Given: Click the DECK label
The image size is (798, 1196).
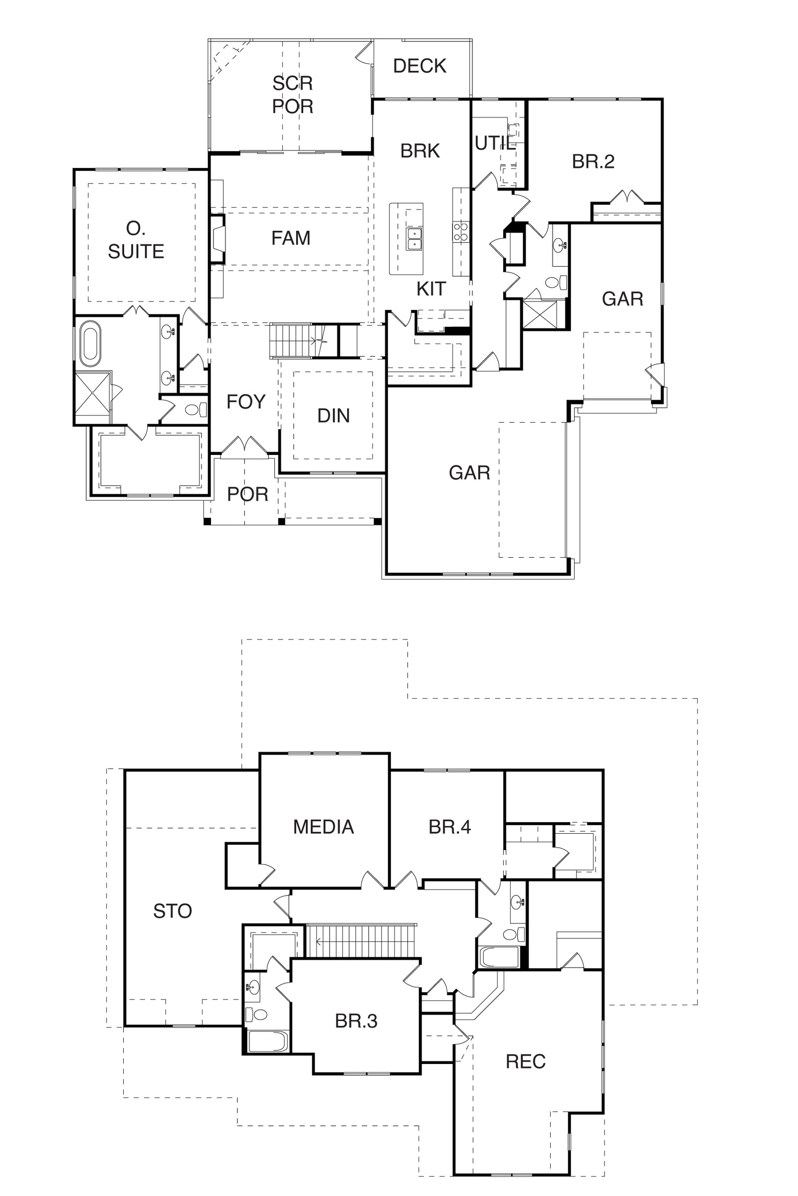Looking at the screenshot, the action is point(419,66).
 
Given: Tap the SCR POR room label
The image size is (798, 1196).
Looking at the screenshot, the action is point(293,95).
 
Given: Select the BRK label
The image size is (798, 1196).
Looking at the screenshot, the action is point(420,151).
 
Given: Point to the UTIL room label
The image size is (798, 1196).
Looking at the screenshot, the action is point(495,144).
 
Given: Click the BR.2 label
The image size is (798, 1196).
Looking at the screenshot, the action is point(593,161).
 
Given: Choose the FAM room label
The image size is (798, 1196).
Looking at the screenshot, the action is point(291,238).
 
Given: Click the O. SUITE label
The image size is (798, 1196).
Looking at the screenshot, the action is point(136,240).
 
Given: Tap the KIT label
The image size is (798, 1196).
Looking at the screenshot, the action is point(431,289).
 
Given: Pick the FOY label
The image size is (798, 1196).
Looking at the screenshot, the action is point(246,402).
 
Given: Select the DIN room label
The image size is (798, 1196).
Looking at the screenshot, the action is point(333,416).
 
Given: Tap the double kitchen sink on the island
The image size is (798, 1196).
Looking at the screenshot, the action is point(414,239).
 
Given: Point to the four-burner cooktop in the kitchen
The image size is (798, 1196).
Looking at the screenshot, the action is point(460,232).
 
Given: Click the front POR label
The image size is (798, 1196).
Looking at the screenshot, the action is point(247,494).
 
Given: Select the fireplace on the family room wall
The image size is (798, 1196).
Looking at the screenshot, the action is point(218,239).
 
